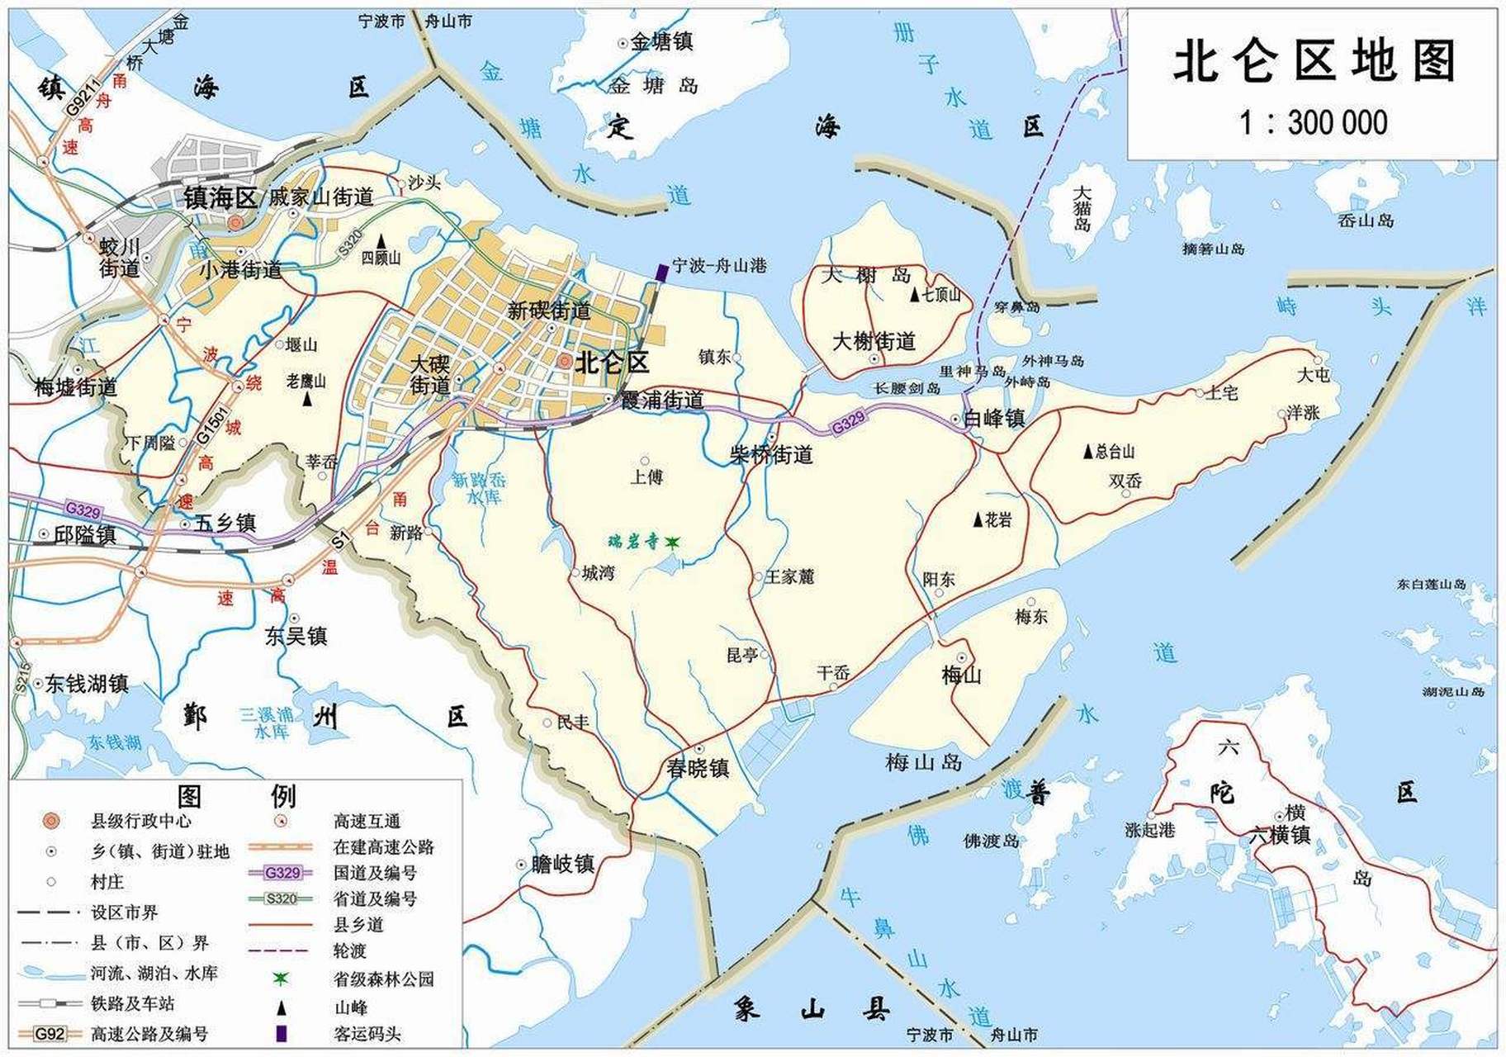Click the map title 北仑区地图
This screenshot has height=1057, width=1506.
(1313, 62)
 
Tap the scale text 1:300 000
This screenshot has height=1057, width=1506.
(1313, 123)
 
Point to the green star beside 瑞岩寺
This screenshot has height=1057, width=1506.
(672, 542)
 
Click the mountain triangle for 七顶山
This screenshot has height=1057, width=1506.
(915, 295)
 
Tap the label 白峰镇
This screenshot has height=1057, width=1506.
(994, 419)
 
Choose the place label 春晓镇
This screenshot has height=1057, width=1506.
(698, 768)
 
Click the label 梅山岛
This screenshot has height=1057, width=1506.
(923, 762)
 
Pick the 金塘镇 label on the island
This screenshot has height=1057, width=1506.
(661, 41)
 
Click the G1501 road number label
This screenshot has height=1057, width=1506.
(211, 424)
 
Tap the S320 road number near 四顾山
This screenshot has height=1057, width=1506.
(350, 242)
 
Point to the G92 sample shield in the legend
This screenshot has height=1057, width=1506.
(50, 1033)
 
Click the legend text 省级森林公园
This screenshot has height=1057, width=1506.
(383, 979)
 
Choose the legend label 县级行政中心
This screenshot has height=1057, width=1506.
(140, 821)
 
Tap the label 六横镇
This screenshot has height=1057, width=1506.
(1279, 835)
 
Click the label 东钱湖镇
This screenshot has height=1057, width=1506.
(86, 684)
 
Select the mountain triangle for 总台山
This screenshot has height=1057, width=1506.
(1088, 452)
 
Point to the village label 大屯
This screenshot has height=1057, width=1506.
(1313, 375)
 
